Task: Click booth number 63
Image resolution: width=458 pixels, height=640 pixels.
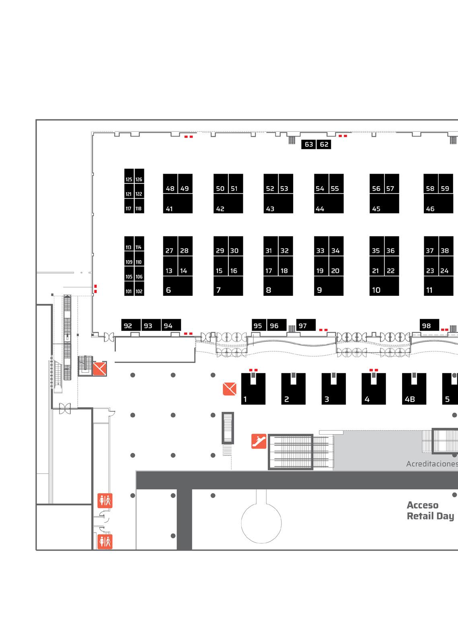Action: (x=308, y=144)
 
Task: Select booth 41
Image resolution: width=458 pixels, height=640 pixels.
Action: (x=178, y=203)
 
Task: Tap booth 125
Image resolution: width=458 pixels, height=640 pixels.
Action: (x=129, y=176)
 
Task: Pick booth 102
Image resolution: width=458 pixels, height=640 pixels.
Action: (x=139, y=288)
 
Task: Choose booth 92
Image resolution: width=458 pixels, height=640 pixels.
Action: (x=131, y=325)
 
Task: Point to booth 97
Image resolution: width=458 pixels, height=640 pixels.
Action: (x=306, y=325)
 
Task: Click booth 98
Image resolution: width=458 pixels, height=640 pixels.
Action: (x=429, y=325)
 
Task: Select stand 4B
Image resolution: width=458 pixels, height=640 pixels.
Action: (x=414, y=389)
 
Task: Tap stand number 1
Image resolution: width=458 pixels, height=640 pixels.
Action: (x=253, y=389)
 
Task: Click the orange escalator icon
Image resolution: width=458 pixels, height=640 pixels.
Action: (x=259, y=441)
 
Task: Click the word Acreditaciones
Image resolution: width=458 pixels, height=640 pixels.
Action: (x=432, y=464)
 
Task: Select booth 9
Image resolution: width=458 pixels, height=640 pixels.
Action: (x=329, y=286)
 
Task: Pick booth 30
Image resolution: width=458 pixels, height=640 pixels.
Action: (x=236, y=246)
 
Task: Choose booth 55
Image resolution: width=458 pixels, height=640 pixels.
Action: (x=336, y=184)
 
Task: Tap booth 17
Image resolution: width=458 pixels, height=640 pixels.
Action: (x=271, y=266)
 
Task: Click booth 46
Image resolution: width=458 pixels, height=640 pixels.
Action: (x=438, y=203)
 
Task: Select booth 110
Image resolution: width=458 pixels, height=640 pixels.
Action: (x=139, y=258)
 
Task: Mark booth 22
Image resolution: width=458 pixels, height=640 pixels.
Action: (x=392, y=266)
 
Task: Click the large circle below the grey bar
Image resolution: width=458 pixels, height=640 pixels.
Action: (x=241, y=523)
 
